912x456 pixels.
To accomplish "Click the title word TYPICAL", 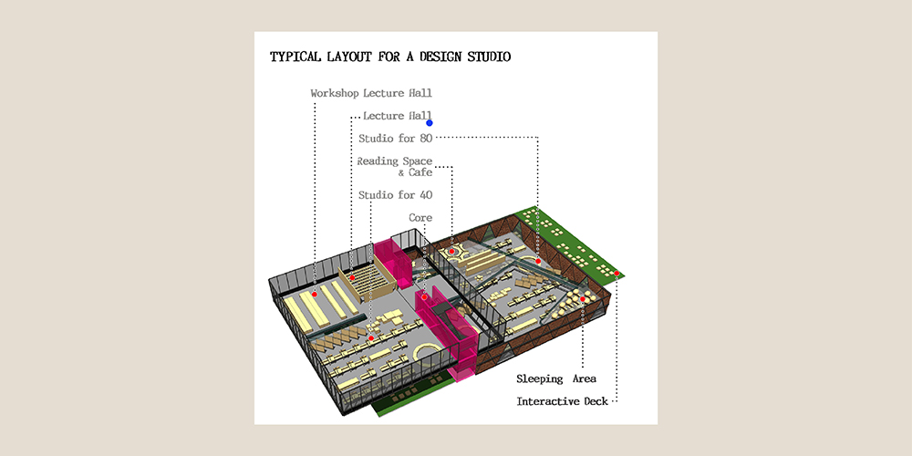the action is pos(294,57).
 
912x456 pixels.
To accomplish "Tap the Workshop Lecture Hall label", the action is pos(371,93).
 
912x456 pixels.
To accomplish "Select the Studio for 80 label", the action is pos(395,139).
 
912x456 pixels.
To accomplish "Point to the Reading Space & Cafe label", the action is pos(395,167).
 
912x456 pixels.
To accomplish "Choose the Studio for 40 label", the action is pos(395,195).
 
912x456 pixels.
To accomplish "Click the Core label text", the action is pos(420,218).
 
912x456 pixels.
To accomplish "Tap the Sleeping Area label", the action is pos(556,379).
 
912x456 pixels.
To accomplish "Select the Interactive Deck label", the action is pos(563,401).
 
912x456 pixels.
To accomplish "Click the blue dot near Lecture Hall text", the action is pos(430,123).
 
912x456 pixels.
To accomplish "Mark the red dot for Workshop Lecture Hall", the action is pos(314,295).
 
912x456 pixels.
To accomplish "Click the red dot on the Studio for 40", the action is pos(370,338).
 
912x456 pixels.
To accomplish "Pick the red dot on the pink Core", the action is pos(425,297).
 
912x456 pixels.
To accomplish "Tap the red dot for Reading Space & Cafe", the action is pos(451,252).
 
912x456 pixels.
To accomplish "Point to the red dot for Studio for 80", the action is pos(538,262).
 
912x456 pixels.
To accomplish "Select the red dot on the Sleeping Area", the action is pos(582,299).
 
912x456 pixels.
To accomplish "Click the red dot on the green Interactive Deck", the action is pos(616,273).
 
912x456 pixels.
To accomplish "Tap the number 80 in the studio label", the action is pos(426,139).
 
